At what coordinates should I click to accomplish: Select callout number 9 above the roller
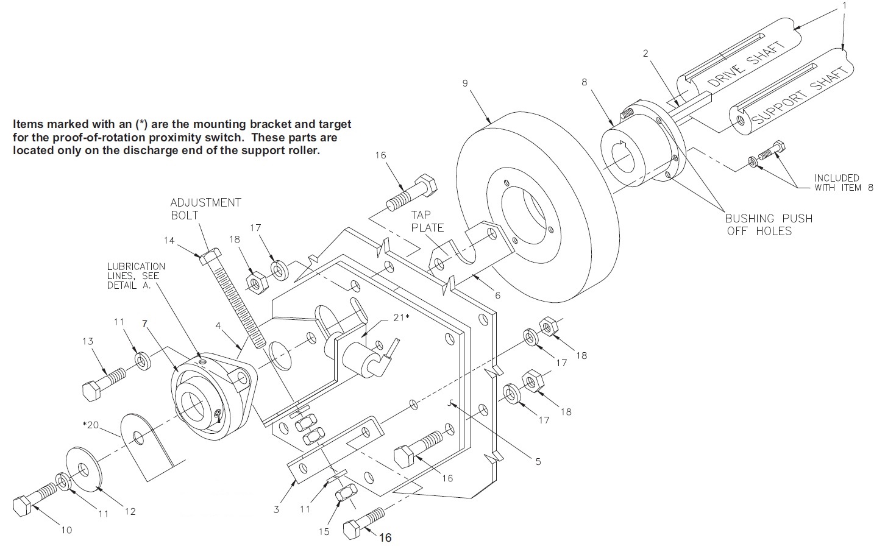click(465, 83)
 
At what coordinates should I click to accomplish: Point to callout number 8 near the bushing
click(584, 82)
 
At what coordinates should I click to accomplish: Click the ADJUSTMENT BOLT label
click(205, 208)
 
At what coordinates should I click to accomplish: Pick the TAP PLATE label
click(427, 221)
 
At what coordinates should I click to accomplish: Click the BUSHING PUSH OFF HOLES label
click(768, 224)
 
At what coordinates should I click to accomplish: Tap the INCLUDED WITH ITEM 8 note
click(844, 183)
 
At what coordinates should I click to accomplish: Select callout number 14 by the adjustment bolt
click(169, 241)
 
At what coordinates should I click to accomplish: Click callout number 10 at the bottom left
click(66, 530)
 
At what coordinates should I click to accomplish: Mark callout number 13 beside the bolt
click(88, 341)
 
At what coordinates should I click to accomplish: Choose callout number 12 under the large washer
click(130, 511)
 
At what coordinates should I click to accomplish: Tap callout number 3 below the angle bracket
click(276, 509)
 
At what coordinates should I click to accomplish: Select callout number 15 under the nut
click(324, 531)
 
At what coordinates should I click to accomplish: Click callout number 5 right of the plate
click(538, 462)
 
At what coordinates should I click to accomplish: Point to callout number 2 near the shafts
click(645, 53)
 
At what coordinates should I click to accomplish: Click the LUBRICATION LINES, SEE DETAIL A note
click(136, 276)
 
